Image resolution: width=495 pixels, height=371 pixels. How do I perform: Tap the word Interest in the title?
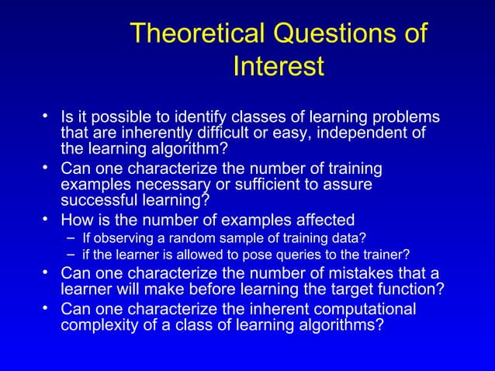(278, 67)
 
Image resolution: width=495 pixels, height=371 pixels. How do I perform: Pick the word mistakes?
(344, 273)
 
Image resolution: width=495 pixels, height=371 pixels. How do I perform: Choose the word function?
(415, 290)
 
